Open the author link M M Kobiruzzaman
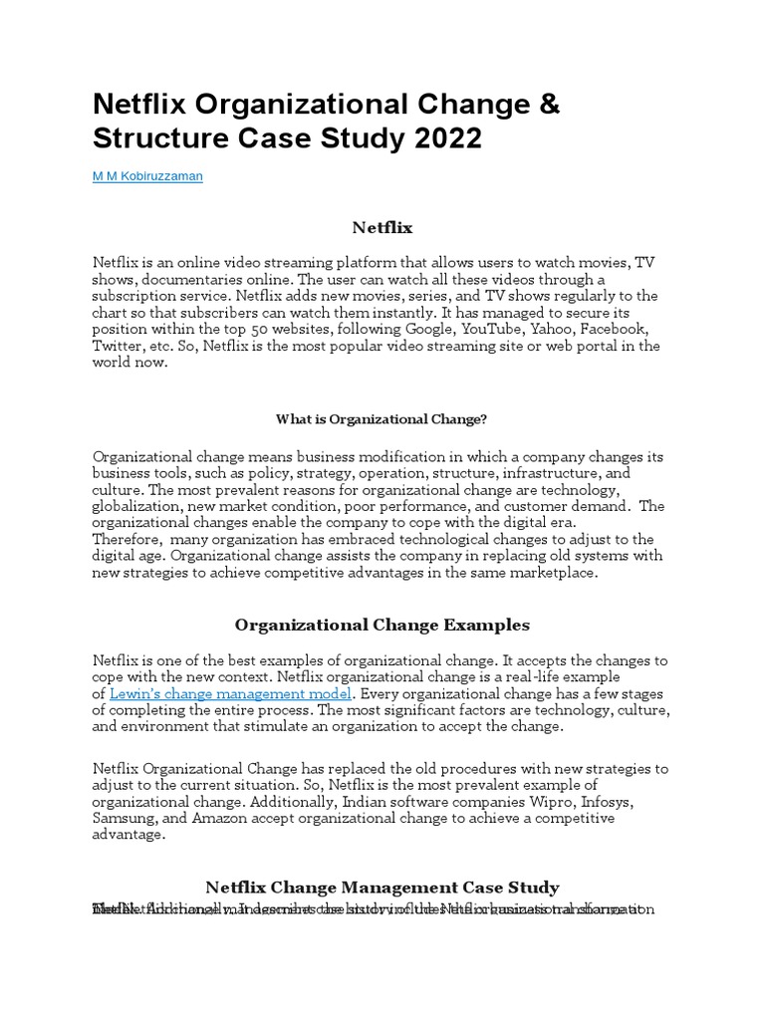(x=147, y=175)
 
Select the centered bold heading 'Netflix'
(x=382, y=228)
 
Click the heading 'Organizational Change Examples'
(x=382, y=625)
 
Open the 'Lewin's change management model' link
(x=230, y=693)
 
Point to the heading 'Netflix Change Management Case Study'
(x=382, y=887)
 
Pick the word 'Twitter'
(x=119, y=346)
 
